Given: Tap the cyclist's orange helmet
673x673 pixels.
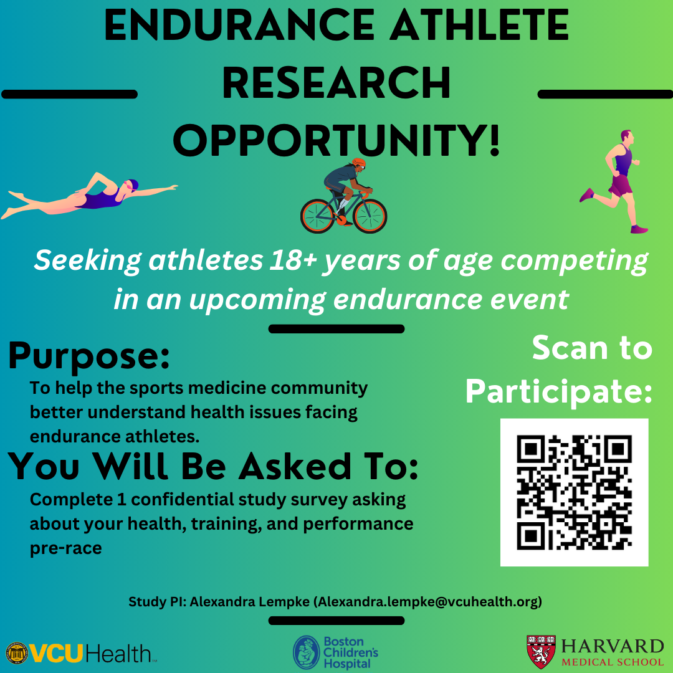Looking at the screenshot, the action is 359,163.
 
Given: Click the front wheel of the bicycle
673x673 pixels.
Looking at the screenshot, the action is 370,216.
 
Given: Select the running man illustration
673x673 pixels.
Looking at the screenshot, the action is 614,181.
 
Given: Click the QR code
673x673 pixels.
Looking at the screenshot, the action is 575,492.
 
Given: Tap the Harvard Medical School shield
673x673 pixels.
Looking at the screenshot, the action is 541,652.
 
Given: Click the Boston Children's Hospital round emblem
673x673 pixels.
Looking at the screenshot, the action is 307,652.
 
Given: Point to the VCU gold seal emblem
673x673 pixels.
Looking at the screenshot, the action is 17,654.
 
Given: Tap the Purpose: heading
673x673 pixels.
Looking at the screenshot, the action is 89,356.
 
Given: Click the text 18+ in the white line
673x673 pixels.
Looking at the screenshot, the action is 293,260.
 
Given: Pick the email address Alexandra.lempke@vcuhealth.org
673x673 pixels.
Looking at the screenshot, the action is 428,602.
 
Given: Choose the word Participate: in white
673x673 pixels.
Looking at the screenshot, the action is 559,392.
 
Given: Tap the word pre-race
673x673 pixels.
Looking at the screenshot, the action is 65,549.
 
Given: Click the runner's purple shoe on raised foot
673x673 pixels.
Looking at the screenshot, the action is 587,195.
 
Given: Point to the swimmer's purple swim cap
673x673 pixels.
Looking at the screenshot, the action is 133,184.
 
